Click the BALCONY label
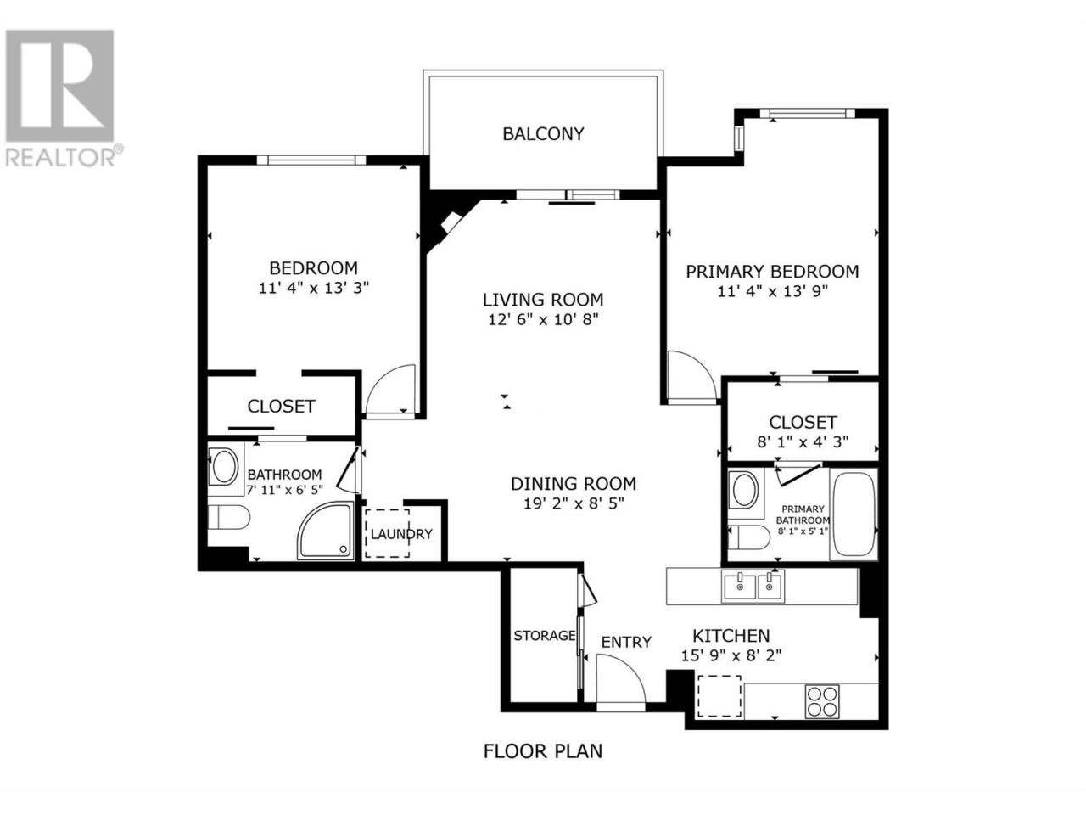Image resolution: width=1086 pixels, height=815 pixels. (543, 133)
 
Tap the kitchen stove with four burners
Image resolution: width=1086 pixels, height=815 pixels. (822, 701)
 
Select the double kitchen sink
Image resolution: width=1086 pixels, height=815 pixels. (752, 587)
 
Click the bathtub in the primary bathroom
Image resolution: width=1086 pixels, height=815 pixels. (854, 514)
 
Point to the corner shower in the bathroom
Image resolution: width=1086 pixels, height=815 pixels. (327, 531)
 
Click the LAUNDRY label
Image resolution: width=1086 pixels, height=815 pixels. (401, 534)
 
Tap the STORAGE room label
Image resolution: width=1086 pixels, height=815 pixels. (544, 635)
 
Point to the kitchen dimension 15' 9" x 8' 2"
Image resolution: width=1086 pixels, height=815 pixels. (731, 655)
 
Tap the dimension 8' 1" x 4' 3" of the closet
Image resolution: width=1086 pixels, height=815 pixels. (803, 441)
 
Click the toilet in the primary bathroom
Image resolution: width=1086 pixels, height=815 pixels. (748, 537)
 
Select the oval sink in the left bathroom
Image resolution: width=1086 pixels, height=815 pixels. (224, 466)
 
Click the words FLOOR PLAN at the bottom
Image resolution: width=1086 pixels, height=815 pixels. (543, 751)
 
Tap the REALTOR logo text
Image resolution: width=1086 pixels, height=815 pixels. (60, 157)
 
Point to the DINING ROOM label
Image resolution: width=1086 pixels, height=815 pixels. (574, 483)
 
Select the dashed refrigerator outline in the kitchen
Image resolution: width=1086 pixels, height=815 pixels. (719, 696)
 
